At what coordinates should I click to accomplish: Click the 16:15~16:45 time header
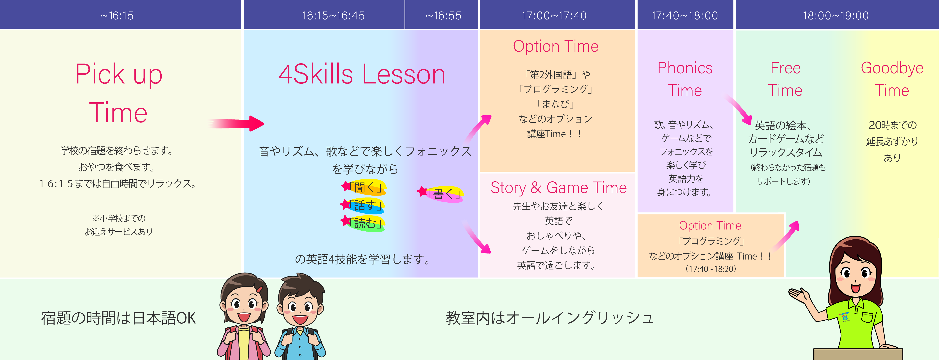[x=333, y=16]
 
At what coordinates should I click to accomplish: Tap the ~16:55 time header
[x=443, y=16]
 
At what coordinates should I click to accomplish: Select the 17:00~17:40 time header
[x=554, y=16]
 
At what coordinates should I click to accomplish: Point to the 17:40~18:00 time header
[x=685, y=16]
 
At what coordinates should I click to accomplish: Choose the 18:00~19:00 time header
[x=836, y=16]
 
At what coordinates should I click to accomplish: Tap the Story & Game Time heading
[x=559, y=188]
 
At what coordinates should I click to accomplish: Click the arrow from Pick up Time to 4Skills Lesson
[x=236, y=124]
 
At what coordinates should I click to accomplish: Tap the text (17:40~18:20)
[x=711, y=269]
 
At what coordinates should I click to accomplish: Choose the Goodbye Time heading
[x=892, y=79]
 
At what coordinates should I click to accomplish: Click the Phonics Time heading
[x=685, y=79]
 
